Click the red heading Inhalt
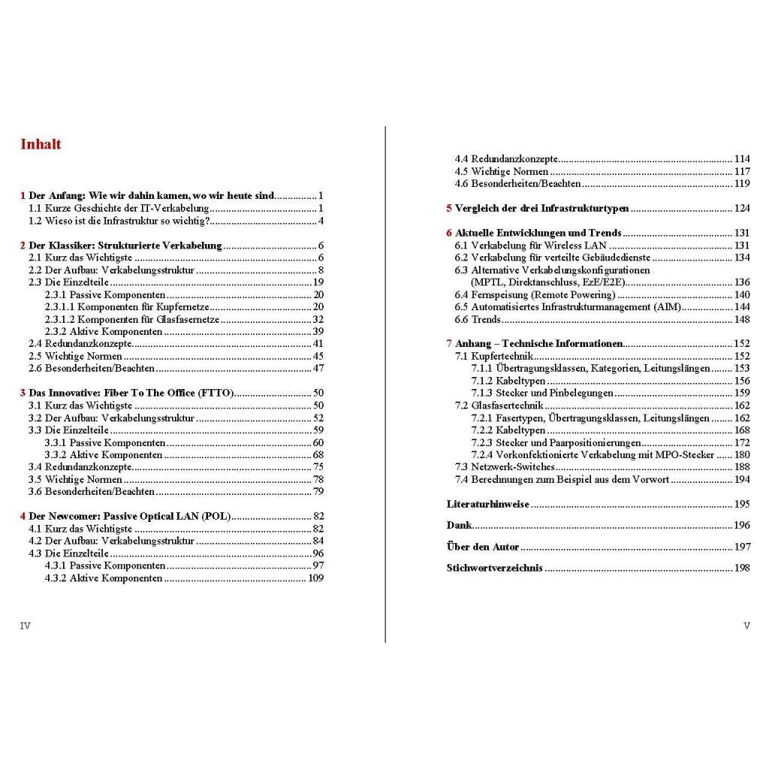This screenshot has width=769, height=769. click(x=41, y=144)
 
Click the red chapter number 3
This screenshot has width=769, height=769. click(x=23, y=393)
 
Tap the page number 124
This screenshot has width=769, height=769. click(x=741, y=208)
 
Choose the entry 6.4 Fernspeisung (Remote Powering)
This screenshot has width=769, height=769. click(x=535, y=295)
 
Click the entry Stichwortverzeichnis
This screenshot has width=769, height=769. click(x=494, y=568)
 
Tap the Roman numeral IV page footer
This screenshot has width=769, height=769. click(x=25, y=625)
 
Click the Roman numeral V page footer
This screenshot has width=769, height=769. click(x=746, y=625)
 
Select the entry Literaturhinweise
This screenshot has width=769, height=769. click(x=488, y=504)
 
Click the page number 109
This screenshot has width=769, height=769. click(x=315, y=578)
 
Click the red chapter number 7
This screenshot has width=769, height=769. click(x=448, y=344)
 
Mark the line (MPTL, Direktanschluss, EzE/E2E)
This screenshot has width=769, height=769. click(x=547, y=282)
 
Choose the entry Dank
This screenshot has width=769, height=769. click(x=459, y=525)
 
